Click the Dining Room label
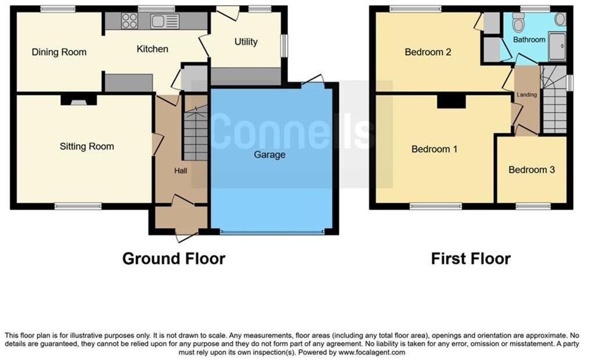[59, 52]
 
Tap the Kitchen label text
[152, 49]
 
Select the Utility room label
[246, 42]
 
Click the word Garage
[270, 155]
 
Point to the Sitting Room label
[87, 146]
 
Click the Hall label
[181, 171]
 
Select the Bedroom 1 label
[434, 149]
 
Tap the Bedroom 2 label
[428, 52]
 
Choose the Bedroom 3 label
[531, 170]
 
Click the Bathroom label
[529, 39]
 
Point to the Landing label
[527, 94]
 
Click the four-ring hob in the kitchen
[129, 21]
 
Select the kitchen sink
[165, 21]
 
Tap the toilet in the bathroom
[518, 23]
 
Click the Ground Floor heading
[173, 258]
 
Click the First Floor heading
[471, 258]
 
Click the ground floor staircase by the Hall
[195, 134]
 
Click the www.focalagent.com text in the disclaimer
[371, 352]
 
